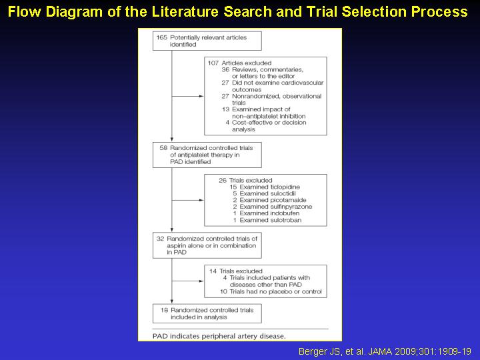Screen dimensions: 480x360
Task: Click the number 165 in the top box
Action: pos(161,37)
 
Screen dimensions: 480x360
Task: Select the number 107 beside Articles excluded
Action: pos(213,63)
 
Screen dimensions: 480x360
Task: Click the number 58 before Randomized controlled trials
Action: pos(163,148)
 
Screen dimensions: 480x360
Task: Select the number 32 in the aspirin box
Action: pos(160,239)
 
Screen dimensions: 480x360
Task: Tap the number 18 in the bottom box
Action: pos(165,310)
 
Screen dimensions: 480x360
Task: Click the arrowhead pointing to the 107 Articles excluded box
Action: pos(201,96)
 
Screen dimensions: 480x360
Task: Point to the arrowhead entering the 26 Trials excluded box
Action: pos(201,200)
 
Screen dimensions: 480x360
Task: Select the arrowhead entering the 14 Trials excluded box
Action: pos(201,281)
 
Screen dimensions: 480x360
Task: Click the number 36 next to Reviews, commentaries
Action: pos(225,70)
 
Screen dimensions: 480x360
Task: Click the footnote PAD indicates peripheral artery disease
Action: pos(219,336)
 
